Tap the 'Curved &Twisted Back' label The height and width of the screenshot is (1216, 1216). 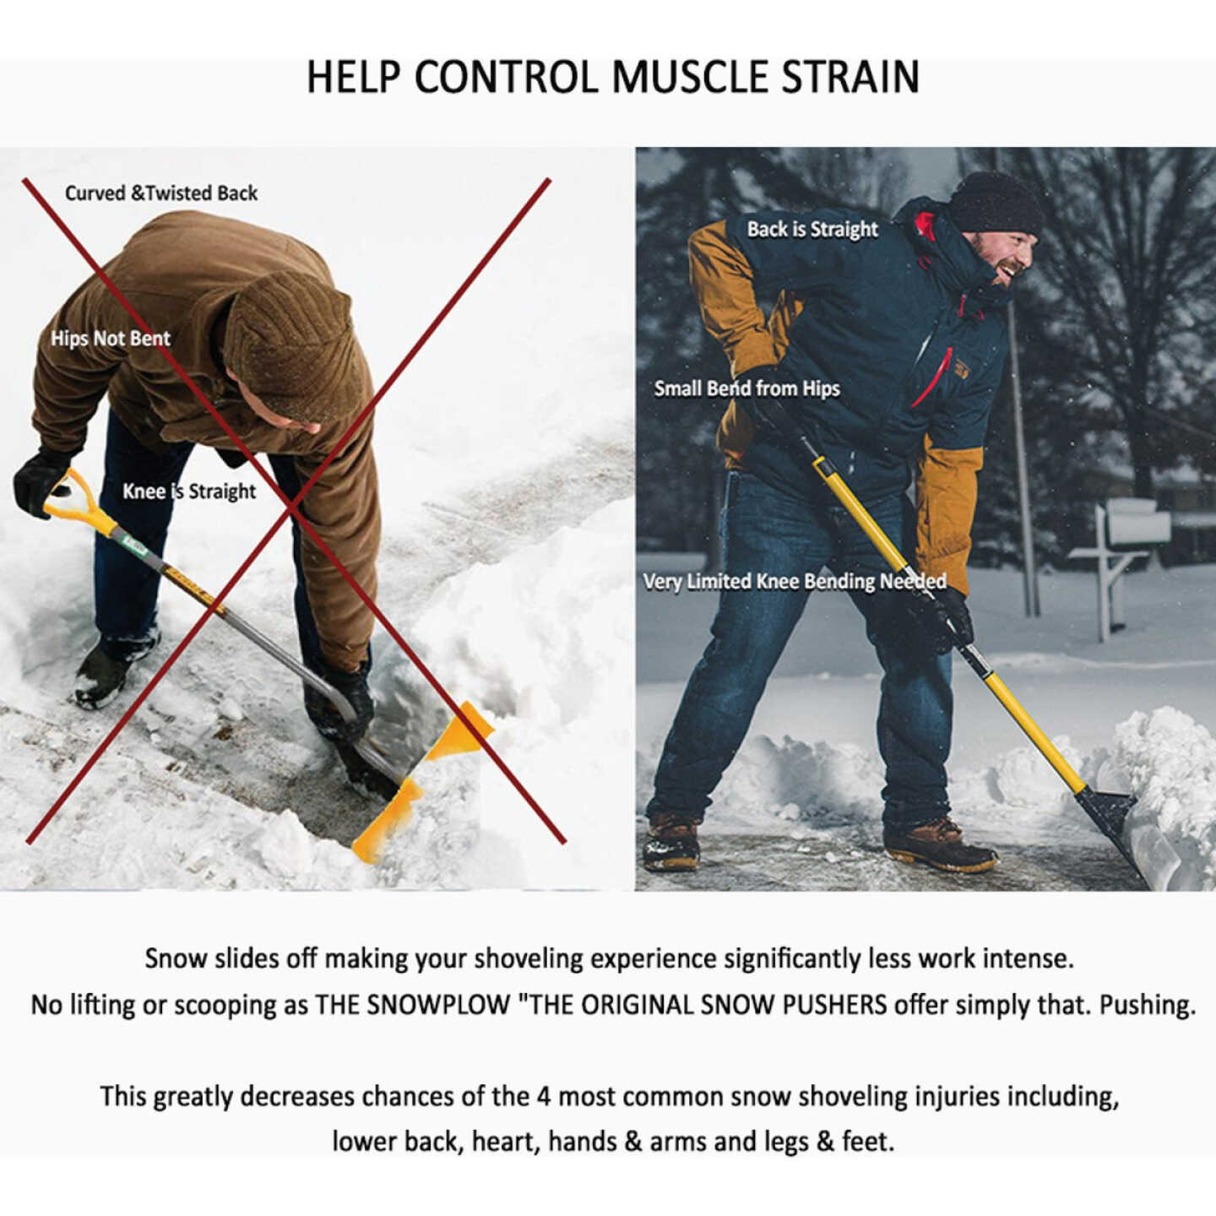coord(161,193)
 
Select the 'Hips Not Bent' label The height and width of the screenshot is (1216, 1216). coord(111,339)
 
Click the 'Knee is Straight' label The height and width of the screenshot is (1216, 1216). coord(189,491)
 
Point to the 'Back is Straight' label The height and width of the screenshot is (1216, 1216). coord(812,230)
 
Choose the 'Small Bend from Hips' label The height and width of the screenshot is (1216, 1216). coord(746,388)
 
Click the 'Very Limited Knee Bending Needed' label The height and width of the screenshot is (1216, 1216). coord(794,582)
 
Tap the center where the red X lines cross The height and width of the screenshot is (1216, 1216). coord(291,507)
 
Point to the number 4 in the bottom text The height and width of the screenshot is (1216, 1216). coord(545,1096)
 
